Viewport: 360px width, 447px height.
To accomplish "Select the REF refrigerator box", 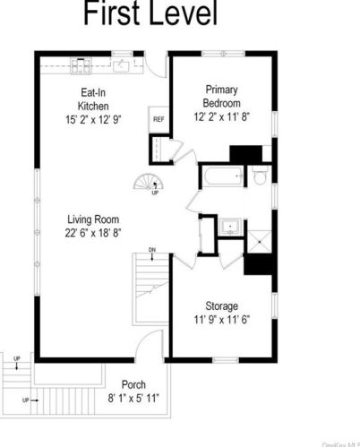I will tap(159, 119).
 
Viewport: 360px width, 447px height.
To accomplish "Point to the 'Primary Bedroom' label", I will tap(220, 96).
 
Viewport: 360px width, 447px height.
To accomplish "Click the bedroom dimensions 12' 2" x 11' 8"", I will tap(220, 116).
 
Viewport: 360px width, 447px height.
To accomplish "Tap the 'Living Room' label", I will tap(92, 219).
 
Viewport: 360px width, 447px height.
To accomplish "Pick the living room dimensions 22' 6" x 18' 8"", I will tap(92, 233).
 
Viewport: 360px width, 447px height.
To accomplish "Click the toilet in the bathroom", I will tap(260, 177).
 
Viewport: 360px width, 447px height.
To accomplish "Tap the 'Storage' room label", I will tap(220, 305).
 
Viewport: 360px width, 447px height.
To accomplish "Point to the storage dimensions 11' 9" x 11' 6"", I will tap(220, 321).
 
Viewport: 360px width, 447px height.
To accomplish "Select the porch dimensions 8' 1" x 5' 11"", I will tap(133, 399).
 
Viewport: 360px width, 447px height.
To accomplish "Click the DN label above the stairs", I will tap(152, 249).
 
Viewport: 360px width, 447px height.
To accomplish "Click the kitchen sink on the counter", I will tap(124, 64).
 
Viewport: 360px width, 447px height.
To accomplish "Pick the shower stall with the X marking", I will tap(258, 236).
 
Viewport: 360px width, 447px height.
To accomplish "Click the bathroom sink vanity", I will tap(227, 226).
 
